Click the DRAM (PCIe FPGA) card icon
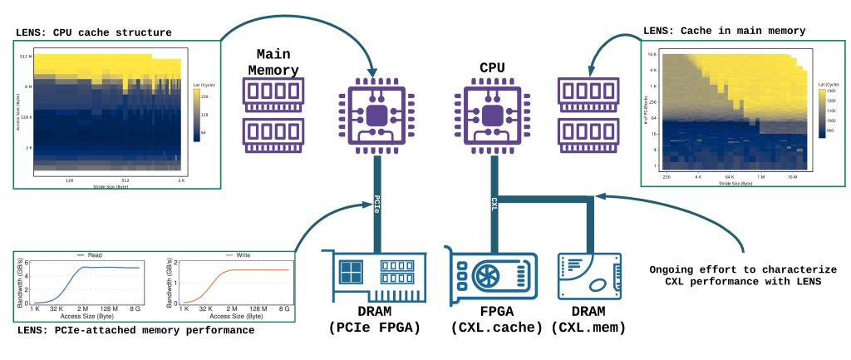click(x=378, y=270)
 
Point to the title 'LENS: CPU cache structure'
click(x=94, y=32)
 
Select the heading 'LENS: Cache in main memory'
click(x=725, y=31)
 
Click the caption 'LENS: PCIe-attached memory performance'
click(x=135, y=331)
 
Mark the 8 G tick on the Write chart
click(x=283, y=308)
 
